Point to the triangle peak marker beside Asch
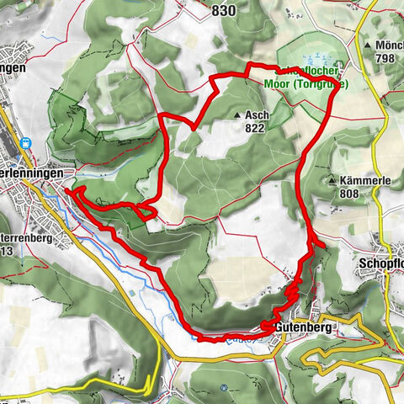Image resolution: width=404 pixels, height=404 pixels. (x=240, y=115)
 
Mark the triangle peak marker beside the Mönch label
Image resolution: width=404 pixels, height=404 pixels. (x=369, y=44)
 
